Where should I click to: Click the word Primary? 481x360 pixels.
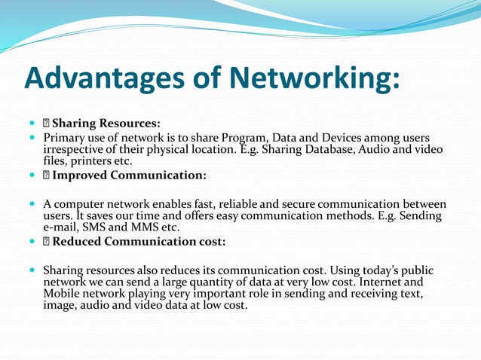pos(63,138)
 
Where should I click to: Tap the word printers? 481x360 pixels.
pos(90,160)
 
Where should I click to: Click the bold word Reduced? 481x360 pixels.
pos(78,242)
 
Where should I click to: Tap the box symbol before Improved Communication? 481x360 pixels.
pos(46,175)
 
